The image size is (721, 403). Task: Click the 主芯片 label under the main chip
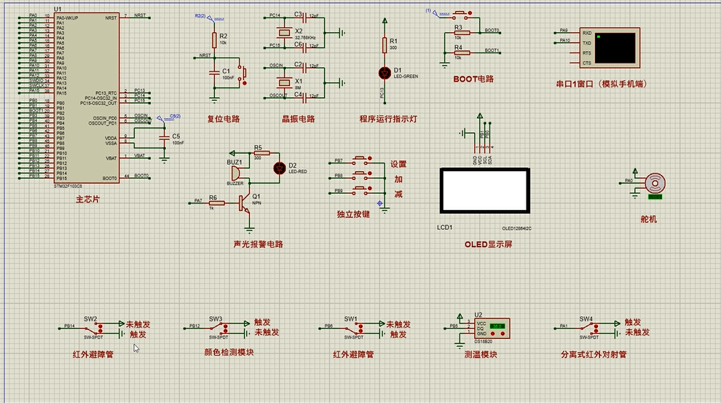[87, 198]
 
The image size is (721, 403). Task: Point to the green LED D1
[385, 72]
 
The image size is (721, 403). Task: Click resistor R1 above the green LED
[385, 45]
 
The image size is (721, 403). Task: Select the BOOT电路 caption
[473, 78]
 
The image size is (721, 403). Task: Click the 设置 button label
[398, 164]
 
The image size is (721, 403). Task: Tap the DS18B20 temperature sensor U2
[490, 327]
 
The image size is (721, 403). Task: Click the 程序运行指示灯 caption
[387, 120]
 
